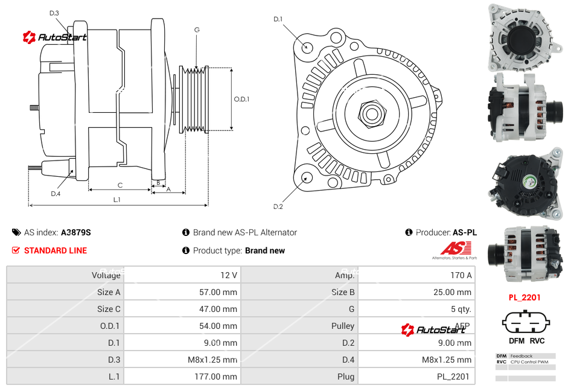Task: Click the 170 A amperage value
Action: click(x=461, y=275)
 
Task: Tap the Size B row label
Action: click(x=339, y=292)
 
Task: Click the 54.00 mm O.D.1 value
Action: click(x=220, y=326)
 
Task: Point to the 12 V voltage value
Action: click(x=229, y=275)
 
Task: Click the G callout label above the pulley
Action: click(x=197, y=30)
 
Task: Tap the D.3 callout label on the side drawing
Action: click(x=54, y=13)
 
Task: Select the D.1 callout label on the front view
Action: click(x=278, y=19)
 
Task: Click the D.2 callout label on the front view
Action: click(x=278, y=206)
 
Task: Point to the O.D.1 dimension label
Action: click(x=241, y=100)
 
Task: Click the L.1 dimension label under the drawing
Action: click(x=117, y=199)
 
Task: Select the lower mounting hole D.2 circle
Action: click(x=306, y=177)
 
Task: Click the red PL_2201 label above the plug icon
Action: click(x=524, y=297)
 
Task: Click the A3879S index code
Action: click(x=75, y=232)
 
